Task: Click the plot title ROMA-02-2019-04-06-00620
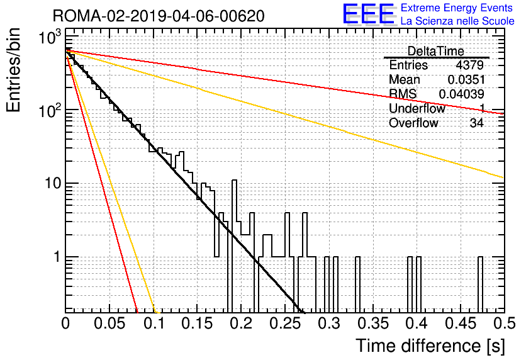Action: pyautogui.click(x=159, y=16)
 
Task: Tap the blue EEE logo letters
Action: pyautogui.click(x=369, y=14)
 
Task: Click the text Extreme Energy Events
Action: pyautogui.click(x=457, y=8)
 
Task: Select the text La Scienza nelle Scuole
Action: pyautogui.click(x=457, y=21)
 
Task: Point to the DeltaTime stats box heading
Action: pyautogui.click(x=435, y=52)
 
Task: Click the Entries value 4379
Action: pyautogui.click(x=469, y=65)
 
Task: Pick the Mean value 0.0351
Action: pyautogui.click(x=466, y=79)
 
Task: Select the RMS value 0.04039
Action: pyautogui.click(x=462, y=94)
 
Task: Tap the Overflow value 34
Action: pyautogui.click(x=477, y=123)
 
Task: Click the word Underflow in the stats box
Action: pyautogui.click(x=417, y=108)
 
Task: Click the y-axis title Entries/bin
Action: pyautogui.click(x=13, y=70)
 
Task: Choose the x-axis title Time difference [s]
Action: pyautogui.click(x=430, y=346)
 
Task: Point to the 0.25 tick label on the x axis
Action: pyautogui.click(x=286, y=323)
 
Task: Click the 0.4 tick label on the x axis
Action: pyautogui.click(x=417, y=323)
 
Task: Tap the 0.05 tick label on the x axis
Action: pyautogui.click(x=109, y=323)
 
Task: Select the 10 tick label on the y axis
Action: pyautogui.click(x=53, y=184)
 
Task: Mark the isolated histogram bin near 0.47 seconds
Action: pyautogui.click(x=480, y=284)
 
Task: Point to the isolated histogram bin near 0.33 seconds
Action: pyautogui.click(x=357, y=284)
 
